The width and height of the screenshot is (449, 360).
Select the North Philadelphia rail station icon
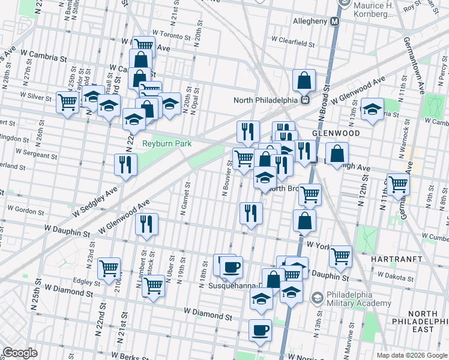pos(305,100)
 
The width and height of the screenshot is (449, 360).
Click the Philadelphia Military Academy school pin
pos(316,296)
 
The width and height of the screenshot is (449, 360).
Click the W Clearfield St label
pos(293,42)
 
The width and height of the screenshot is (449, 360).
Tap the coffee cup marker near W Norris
pos(261,329)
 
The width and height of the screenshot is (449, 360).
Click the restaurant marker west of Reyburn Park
pos(126,164)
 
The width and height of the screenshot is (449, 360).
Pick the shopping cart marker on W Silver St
pos(67,101)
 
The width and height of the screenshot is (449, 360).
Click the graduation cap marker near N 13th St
pos(372,109)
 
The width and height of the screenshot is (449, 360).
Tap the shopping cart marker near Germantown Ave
pos(398,184)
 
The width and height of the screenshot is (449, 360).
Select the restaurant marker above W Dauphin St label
pos(147,224)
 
